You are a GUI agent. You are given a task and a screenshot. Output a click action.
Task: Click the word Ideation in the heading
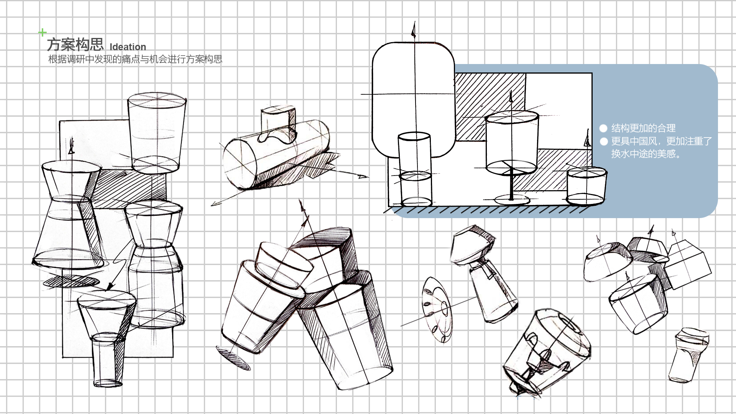point(128,47)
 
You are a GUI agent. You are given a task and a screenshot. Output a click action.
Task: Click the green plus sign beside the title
point(43,33)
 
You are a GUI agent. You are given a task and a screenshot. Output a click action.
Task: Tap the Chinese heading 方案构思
point(75,44)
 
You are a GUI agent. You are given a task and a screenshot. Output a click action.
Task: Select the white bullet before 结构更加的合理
point(603,128)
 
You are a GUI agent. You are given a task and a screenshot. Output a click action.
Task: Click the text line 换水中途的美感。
point(646,154)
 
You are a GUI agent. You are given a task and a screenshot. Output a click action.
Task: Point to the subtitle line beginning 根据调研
point(135,59)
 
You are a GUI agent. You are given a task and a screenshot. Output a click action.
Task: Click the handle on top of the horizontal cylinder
point(278,123)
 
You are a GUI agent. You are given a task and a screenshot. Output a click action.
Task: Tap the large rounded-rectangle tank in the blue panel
point(413,88)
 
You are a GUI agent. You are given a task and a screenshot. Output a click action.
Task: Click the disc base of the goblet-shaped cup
point(512,200)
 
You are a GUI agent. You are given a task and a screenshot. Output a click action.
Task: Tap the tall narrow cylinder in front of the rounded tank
point(415,169)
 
